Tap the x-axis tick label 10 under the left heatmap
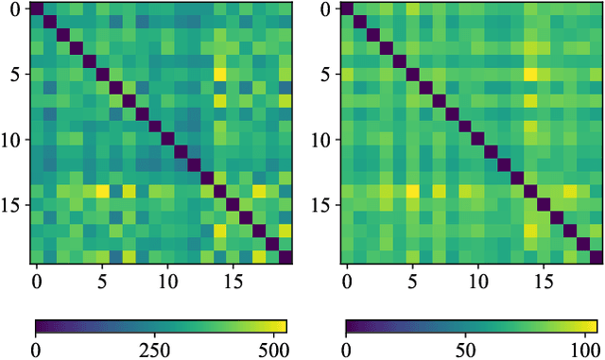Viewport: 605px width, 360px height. click(167, 281)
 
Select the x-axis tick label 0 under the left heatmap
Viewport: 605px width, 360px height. click(37, 281)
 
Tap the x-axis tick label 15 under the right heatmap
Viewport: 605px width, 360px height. click(543, 281)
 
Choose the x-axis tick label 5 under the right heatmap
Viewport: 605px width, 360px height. click(412, 281)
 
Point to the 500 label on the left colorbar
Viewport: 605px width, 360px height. click(273, 349)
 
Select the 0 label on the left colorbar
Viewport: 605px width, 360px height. click(36, 349)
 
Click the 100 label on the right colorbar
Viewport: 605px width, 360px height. click(583, 349)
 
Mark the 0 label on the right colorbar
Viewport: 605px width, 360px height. click(346, 349)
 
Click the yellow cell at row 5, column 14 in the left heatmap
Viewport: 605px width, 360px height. click(219, 75)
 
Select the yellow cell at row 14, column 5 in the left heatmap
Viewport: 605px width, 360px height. click(102, 192)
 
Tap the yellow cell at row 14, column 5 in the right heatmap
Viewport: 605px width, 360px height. click(412, 192)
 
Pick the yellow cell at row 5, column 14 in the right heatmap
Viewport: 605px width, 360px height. click(529, 75)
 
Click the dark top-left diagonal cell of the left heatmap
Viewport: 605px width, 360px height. click(37, 9)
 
